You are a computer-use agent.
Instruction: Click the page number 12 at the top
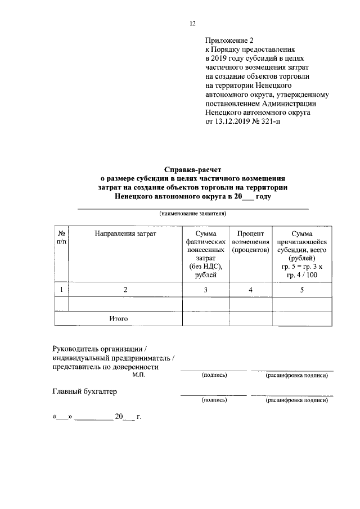pyautogui.click(x=192, y=23)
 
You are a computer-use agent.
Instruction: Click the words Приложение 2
pyautogui.click(x=230, y=40)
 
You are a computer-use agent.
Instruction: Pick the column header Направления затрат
pyautogui.click(x=125, y=233)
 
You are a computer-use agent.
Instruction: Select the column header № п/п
pyautogui.click(x=62, y=237)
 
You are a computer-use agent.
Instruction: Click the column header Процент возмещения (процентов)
pyautogui.click(x=250, y=241)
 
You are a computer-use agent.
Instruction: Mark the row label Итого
pyautogui.click(x=119, y=318)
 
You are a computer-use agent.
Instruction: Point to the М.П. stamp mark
pyautogui.click(x=138, y=375)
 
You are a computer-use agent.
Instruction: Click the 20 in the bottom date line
pyautogui.click(x=118, y=417)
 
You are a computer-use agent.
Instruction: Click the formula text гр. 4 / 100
pyautogui.click(x=301, y=274)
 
